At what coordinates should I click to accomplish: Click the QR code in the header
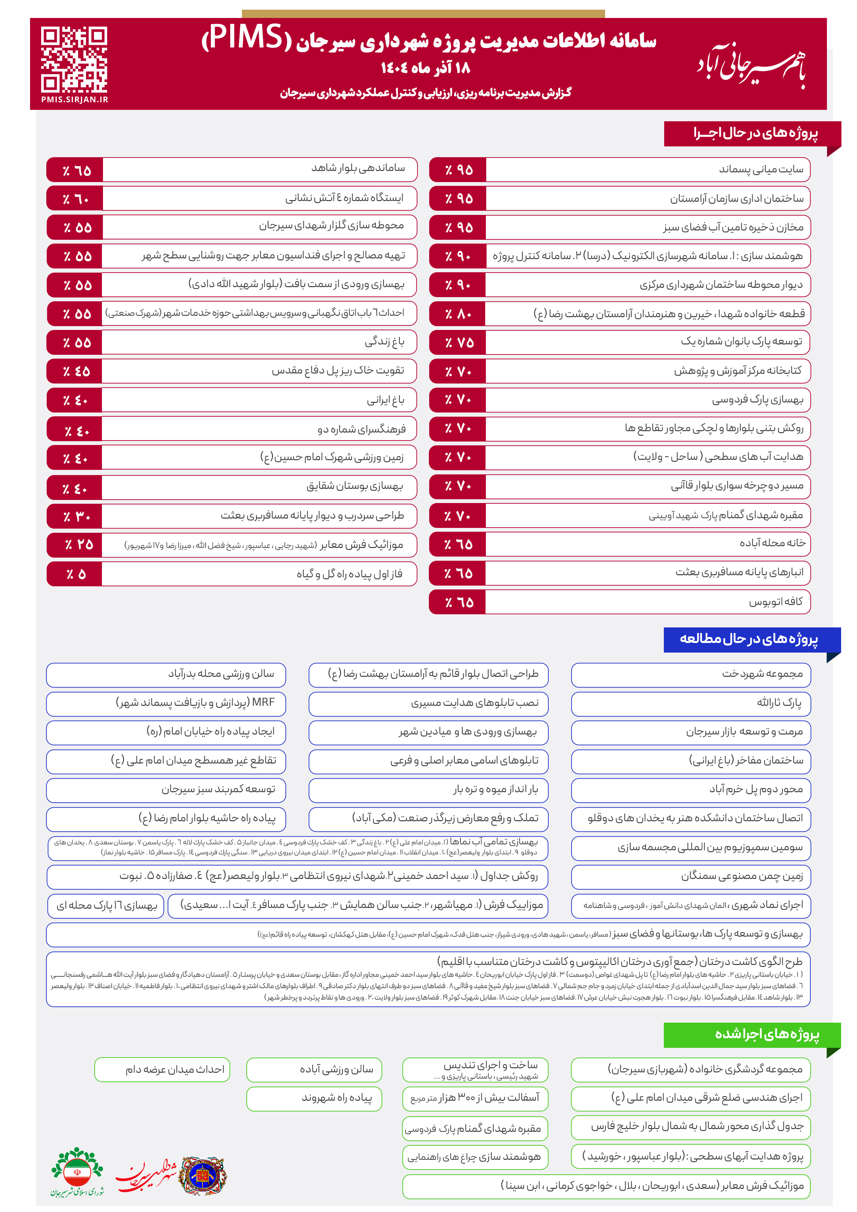click(x=74, y=59)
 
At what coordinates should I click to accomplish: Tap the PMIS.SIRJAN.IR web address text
click(x=74, y=99)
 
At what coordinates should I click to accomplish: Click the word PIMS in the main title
click(x=246, y=38)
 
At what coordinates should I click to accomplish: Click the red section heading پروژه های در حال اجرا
click(x=755, y=134)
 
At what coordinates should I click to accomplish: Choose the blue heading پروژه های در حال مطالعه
click(x=749, y=639)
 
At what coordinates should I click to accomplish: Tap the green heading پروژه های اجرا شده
click(x=767, y=1034)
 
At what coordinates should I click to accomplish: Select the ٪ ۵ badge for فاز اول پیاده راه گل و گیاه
click(x=74, y=574)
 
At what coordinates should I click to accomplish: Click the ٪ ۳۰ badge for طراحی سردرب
click(x=74, y=516)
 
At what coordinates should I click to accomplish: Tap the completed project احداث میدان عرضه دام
click(x=174, y=1069)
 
